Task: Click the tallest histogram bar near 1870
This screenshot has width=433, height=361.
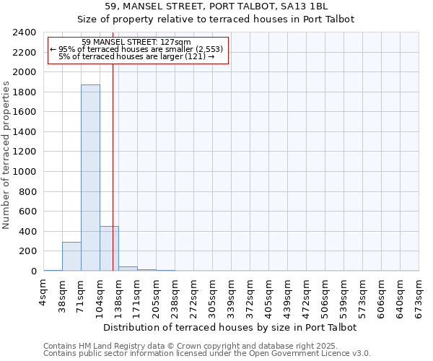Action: pos(90,178)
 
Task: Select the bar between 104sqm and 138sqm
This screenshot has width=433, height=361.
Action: pos(109,248)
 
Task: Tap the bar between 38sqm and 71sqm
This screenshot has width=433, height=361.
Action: pos(71,256)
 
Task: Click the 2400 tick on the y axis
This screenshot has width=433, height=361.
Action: pos(25,32)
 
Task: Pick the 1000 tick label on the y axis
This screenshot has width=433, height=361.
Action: pos(25,172)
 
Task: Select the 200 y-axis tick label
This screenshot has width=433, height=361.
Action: pos(28,251)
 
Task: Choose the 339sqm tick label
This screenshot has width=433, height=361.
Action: pos(232,295)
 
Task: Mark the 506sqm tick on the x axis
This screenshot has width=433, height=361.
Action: pos(325,295)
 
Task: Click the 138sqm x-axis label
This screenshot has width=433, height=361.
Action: pos(119,295)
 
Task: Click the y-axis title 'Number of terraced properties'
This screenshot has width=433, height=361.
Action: pos(6,155)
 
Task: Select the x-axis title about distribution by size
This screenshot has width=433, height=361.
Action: pos(231,327)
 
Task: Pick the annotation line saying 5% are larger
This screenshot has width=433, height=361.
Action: pos(136,56)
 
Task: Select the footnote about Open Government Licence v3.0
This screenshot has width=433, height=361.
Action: pos(207,354)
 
